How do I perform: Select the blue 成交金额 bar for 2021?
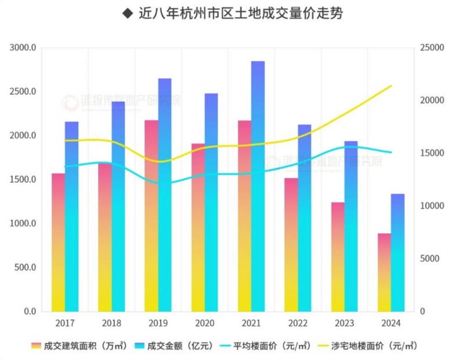coord(258,186)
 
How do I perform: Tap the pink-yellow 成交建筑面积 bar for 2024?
coord(384,272)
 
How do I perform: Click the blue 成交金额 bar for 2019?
coord(165,195)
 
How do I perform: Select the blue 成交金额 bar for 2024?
coord(397,253)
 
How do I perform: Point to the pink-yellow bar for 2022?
coord(291,244)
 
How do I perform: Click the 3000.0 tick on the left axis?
coord(23,48)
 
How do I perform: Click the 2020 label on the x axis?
coord(204,323)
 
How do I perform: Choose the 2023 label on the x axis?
coord(343,323)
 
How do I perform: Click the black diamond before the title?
coord(127,14)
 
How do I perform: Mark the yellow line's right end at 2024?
coord(392,86)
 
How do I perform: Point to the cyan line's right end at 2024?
coord(392,153)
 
